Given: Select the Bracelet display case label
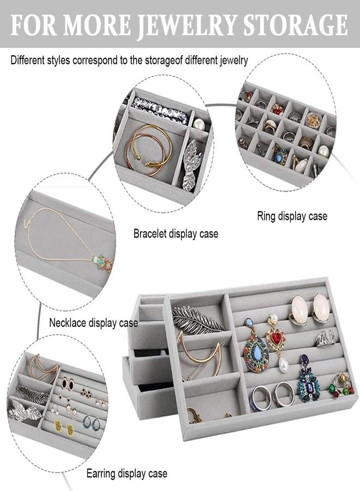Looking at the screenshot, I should click(x=176, y=233).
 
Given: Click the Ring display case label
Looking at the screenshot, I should click(x=292, y=216).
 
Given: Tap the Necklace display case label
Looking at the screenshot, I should click(x=93, y=322).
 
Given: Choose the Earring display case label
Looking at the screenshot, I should click(x=127, y=473).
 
